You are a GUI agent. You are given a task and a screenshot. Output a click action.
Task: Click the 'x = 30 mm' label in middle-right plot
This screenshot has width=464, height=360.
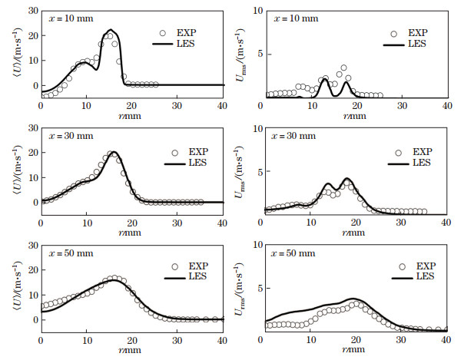pyautogui.click(x=291, y=136)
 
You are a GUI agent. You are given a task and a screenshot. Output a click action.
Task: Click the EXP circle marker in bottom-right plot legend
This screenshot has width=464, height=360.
pyautogui.click(x=401, y=268)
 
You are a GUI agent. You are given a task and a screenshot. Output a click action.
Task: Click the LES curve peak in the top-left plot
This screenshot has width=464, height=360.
pyautogui.click(x=111, y=30)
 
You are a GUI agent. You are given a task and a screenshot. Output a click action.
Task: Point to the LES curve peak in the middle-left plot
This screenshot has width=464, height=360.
pyautogui.click(x=113, y=152)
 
